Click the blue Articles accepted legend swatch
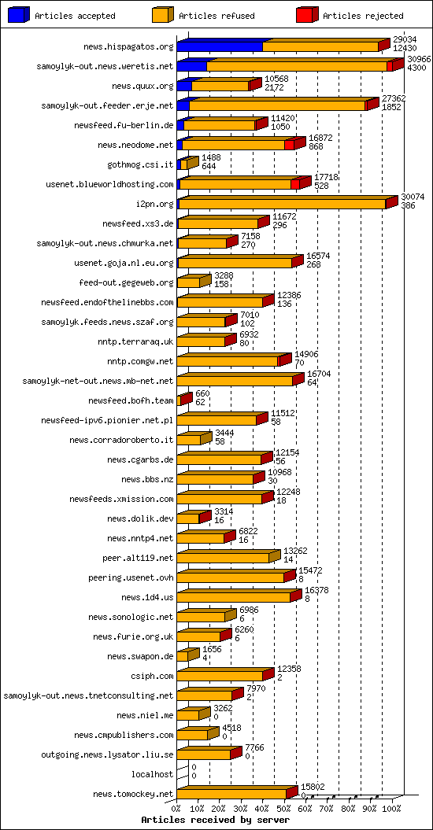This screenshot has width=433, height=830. click(x=18, y=15)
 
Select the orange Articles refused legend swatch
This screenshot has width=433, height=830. click(x=162, y=15)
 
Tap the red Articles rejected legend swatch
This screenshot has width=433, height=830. click(x=306, y=15)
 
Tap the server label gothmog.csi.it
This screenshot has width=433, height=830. click(x=140, y=164)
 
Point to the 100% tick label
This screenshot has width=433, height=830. click(x=392, y=808)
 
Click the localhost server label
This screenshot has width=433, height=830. click(x=152, y=774)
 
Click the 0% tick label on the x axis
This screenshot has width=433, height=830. click(x=176, y=808)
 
